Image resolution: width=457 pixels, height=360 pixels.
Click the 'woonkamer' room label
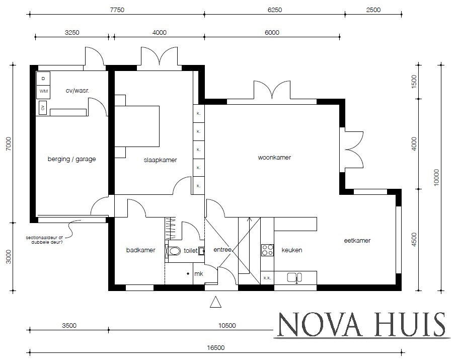click(274, 158)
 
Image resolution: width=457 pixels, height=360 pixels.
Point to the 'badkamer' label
click(140, 250)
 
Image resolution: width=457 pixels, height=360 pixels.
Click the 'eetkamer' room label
click(357, 241)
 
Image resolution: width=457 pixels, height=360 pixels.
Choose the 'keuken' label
click(291, 250)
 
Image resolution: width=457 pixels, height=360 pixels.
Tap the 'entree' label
click(222, 250)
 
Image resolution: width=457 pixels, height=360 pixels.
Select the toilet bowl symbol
click(174, 250)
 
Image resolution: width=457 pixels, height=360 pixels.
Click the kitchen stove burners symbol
click(267, 250)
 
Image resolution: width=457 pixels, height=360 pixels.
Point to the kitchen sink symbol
click(294, 276)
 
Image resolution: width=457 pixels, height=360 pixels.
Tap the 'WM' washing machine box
click(43, 92)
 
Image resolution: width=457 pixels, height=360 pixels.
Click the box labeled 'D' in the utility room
click(43, 79)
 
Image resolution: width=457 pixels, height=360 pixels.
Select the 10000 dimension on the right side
click(436, 177)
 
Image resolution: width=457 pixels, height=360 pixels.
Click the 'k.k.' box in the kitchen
click(267, 277)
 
